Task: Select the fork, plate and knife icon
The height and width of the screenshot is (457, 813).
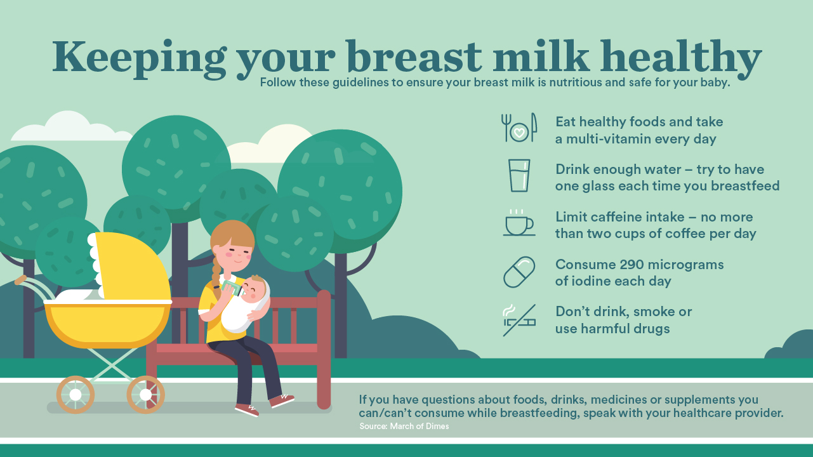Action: (519, 128)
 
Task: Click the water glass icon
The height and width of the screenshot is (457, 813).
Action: (519, 175)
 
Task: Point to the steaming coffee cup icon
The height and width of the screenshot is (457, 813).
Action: (519, 223)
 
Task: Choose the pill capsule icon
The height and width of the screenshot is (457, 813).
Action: (519, 272)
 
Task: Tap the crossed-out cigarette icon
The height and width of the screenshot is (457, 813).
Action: (519, 320)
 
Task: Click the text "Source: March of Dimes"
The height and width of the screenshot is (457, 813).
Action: (404, 426)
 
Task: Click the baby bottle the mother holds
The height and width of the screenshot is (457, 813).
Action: (233, 288)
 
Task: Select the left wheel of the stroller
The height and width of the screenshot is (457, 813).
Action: (76, 395)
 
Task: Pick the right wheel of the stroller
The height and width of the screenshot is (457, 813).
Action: (145, 395)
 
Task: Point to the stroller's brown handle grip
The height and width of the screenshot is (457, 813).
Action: (20, 280)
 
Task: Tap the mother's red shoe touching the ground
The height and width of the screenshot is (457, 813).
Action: (246, 410)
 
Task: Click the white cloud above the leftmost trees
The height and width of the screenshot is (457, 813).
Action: (71, 127)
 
